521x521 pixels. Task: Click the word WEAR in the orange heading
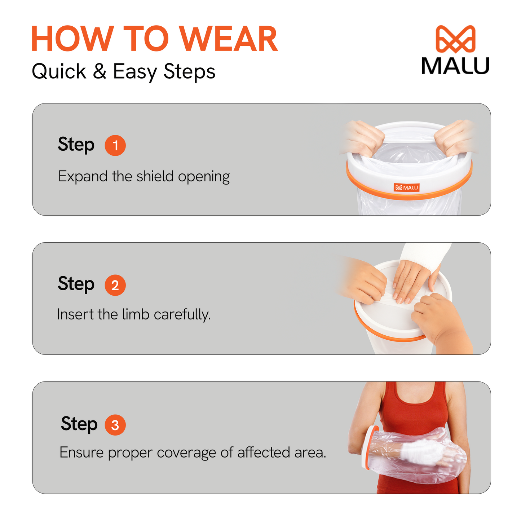point(229,38)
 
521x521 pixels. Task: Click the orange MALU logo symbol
point(455,39)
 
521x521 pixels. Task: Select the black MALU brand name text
point(455,66)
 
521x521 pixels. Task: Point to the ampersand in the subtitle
point(100,71)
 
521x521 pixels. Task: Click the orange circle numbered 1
point(115,145)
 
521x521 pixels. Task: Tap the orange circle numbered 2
point(115,285)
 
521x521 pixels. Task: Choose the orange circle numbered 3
point(115,425)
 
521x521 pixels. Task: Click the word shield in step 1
point(155,176)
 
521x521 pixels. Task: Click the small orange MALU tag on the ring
point(406,187)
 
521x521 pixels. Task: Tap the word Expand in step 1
point(83,177)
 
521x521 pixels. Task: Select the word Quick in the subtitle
point(59,71)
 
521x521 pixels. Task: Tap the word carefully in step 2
point(182,315)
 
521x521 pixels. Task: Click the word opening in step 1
point(204,177)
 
